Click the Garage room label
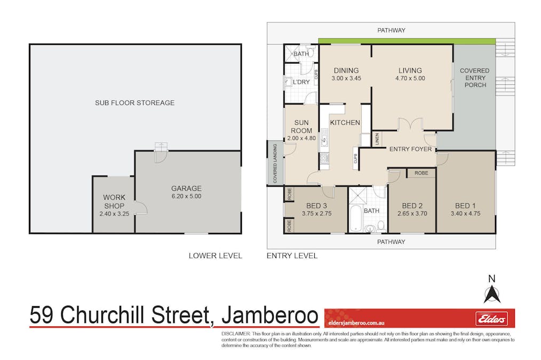[x=186, y=188]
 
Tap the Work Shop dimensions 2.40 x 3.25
[x=114, y=214]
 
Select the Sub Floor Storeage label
[x=134, y=102]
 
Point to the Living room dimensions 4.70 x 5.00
[x=410, y=78]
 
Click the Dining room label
[x=346, y=70]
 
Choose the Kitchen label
[x=345, y=123]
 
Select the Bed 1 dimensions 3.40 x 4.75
[x=463, y=213]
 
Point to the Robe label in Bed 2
[x=421, y=173]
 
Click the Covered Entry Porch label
[x=474, y=77]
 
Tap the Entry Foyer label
[x=410, y=149]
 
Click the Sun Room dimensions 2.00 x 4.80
[x=301, y=138]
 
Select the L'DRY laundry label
[x=301, y=82]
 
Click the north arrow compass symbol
[x=491, y=293]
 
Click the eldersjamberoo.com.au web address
[x=357, y=323]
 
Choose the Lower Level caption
[x=215, y=255]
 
